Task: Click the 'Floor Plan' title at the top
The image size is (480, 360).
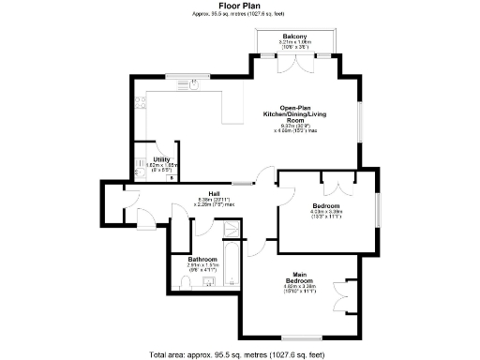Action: [x=239, y=5]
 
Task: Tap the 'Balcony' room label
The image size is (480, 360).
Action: [x=294, y=36]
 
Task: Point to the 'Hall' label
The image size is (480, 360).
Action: [x=215, y=194]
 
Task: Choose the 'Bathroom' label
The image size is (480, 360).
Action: [x=202, y=259]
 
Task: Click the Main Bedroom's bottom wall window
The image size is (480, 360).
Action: [x=304, y=336]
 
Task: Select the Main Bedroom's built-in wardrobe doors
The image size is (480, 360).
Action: [x=352, y=295]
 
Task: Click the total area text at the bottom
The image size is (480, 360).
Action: [x=239, y=353]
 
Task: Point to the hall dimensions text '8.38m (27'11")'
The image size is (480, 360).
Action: [x=215, y=200]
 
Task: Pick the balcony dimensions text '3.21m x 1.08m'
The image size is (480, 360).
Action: [x=294, y=42]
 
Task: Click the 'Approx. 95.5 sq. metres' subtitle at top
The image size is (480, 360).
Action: [x=239, y=13]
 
